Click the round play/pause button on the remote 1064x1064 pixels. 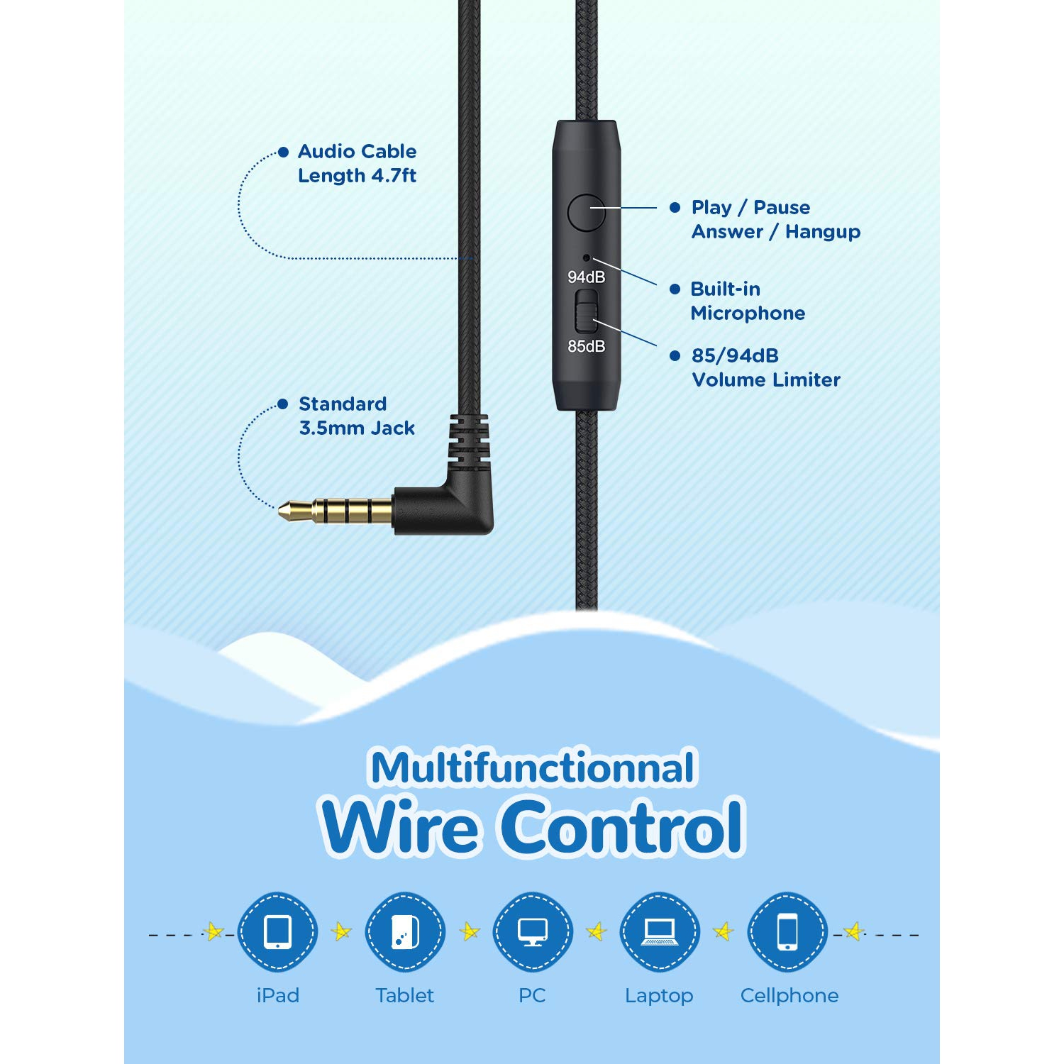[586, 212]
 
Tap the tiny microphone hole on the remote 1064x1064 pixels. [586, 257]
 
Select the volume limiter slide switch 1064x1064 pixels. [586, 311]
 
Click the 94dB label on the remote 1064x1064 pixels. [587, 277]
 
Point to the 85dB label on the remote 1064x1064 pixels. [587, 346]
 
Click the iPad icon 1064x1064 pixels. [277, 932]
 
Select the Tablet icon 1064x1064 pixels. [405, 932]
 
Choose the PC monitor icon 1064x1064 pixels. [532, 932]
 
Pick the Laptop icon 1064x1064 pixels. [660, 932]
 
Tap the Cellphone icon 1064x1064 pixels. [787, 932]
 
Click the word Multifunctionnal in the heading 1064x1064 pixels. [533, 768]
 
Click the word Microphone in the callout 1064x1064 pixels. [748, 314]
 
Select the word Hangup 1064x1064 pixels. [823, 232]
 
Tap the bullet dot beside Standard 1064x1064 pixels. [283, 404]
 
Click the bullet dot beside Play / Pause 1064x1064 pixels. [675, 208]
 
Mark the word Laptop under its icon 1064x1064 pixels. [659, 996]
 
